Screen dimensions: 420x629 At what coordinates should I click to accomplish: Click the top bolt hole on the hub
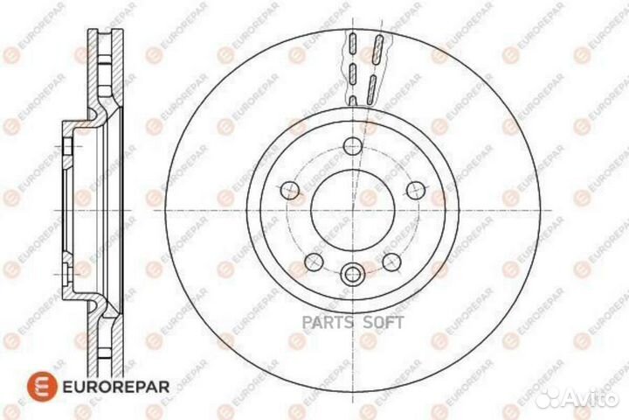click(x=353, y=146)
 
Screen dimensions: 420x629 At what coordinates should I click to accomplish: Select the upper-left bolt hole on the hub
click(x=289, y=187)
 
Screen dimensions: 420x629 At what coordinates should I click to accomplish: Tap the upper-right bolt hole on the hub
click(x=417, y=187)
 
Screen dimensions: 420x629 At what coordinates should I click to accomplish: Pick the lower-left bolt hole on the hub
click(x=312, y=261)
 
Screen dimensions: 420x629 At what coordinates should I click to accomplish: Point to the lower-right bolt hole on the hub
click(x=392, y=261)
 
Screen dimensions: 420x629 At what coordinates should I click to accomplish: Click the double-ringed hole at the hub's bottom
click(x=352, y=274)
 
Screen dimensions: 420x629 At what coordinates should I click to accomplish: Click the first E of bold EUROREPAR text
click(x=64, y=382)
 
